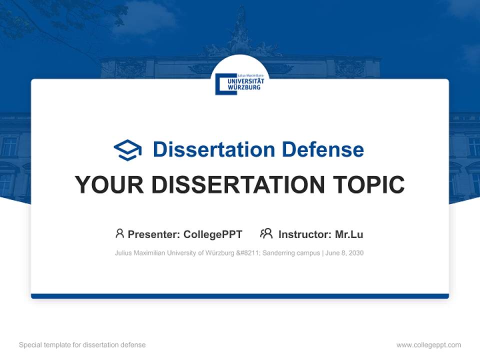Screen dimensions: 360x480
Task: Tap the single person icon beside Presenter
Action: (119, 233)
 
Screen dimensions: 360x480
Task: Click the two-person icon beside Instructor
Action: (266, 233)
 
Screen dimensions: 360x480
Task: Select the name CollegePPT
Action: (212, 234)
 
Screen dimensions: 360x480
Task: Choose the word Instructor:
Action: (304, 234)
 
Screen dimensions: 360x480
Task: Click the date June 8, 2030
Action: (344, 253)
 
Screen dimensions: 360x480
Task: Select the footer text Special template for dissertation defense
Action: (82, 345)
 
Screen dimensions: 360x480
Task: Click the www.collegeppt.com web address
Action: (428, 345)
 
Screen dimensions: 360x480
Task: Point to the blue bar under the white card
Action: (240, 296)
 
